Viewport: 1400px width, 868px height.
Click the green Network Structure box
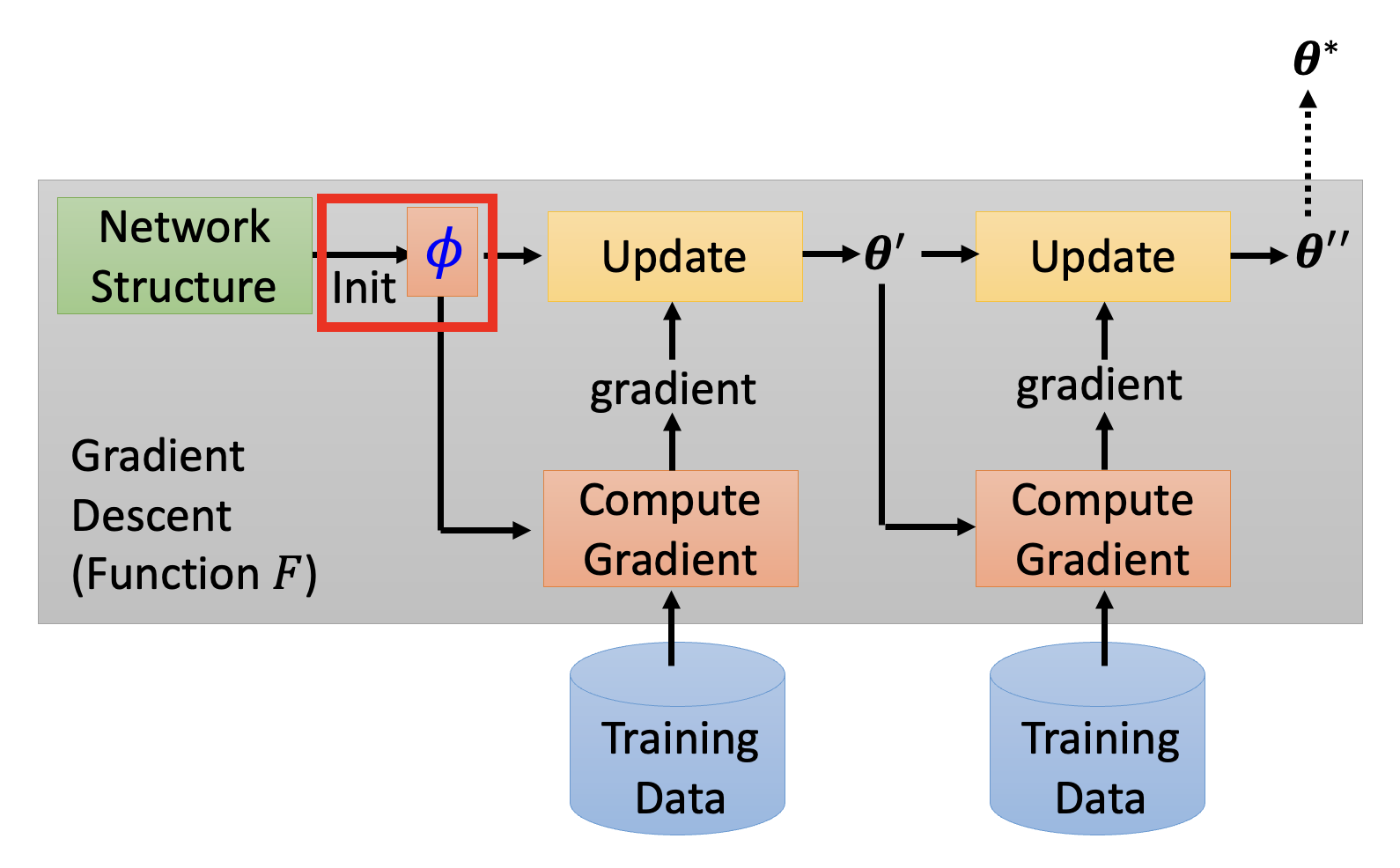coord(185,255)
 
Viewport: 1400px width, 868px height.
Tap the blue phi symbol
coord(443,252)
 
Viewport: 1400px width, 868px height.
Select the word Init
coord(364,289)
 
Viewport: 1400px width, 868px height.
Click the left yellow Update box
coord(674,256)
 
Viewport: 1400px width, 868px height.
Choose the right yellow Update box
coord(1102,256)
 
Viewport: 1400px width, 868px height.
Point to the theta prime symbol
coord(883,254)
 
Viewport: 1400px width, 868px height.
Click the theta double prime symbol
coord(1321,252)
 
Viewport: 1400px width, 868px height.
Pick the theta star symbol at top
coord(1314,59)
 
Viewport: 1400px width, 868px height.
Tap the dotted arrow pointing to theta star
coord(1308,154)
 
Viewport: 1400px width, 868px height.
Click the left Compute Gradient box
coord(671,528)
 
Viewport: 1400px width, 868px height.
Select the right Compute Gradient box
coord(1102,528)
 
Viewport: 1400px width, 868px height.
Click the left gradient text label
coord(673,389)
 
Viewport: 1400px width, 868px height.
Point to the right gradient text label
coord(1099,386)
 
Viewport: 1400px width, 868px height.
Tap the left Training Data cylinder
coord(677,757)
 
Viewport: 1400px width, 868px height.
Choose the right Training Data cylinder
coord(1097,757)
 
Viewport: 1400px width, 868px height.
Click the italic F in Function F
coord(288,573)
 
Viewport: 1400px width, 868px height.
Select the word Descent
coord(151,515)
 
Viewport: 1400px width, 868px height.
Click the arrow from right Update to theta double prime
coord(1259,256)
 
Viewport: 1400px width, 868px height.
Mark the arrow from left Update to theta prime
coord(830,255)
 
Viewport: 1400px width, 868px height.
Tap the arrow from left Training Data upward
coord(672,627)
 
